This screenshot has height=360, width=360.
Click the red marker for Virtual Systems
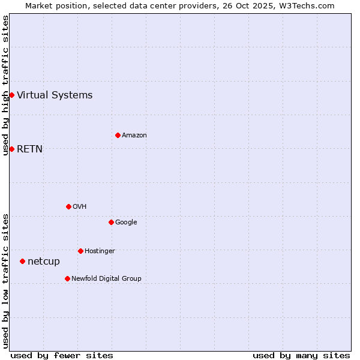11,95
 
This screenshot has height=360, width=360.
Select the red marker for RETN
11,149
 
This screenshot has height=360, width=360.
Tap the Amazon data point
118,135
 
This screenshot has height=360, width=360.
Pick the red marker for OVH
68,206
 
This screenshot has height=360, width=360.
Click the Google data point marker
111,222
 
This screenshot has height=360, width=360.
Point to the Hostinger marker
80,251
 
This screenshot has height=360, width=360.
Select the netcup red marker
22,261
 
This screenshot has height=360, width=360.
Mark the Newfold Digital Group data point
67,278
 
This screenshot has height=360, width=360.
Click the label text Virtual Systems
55,95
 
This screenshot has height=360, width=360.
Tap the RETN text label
29,149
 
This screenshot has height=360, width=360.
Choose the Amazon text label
134,135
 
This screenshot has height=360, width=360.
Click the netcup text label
44,261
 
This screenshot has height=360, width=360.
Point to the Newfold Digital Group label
106,278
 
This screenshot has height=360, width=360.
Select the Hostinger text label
100,251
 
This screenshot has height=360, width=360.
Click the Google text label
126,222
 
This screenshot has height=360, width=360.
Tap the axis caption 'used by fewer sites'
62,355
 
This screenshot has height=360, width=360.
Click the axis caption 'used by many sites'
301,355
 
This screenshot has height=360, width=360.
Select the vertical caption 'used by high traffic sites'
5,85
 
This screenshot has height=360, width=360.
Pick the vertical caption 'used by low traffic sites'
5,281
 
